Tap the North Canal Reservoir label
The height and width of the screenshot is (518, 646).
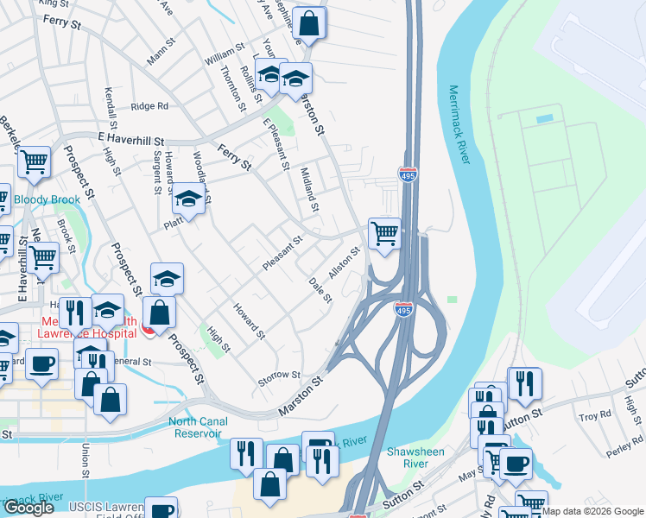pyautogui.click(x=199, y=427)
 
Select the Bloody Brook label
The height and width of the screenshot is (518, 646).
pyautogui.click(x=47, y=199)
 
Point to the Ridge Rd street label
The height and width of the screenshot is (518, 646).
pyautogui.click(x=149, y=106)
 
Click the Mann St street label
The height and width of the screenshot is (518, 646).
pyautogui.click(x=161, y=52)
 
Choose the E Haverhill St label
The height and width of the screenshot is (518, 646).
pyautogui.click(x=131, y=138)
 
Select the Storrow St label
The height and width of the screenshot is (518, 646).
pyautogui.click(x=279, y=376)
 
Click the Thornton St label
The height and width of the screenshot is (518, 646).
pyautogui.click(x=229, y=86)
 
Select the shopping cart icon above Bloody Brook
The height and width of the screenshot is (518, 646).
pyautogui.click(x=34, y=161)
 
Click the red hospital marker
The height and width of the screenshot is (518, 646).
pyautogui.click(x=148, y=329)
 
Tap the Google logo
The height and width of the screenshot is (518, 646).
pyautogui.click(x=28, y=508)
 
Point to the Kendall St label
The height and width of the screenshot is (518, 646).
pyautogui.click(x=111, y=104)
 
